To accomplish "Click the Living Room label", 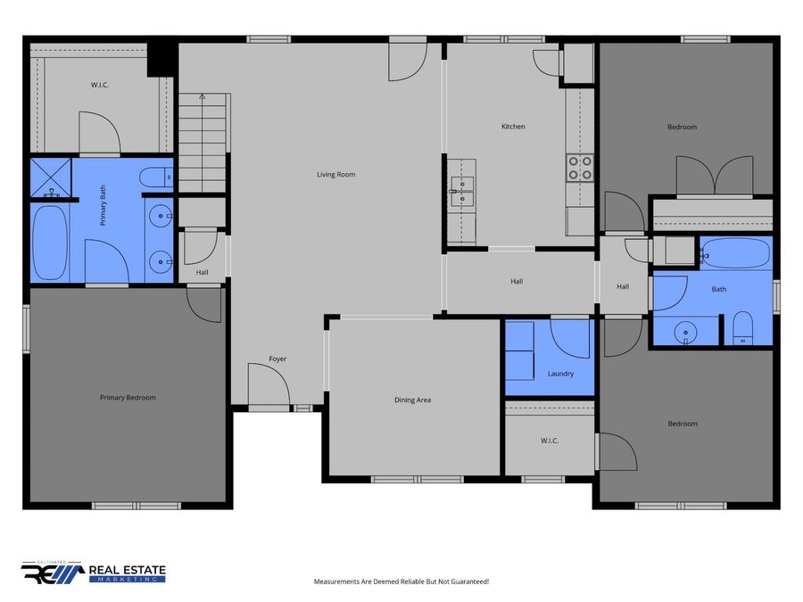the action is click(x=336, y=175).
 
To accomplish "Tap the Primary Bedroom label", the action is click(x=128, y=398).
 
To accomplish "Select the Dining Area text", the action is click(x=413, y=400).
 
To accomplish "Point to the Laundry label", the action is click(x=561, y=374).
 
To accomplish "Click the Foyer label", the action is click(x=277, y=359).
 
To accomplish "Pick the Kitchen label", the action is click(x=513, y=127).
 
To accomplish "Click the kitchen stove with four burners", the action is click(x=580, y=168).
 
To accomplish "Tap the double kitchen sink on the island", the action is click(x=462, y=192).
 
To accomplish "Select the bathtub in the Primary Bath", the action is click(x=50, y=243).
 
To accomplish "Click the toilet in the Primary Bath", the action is click(x=156, y=177).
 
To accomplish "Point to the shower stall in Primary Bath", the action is click(x=51, y=177).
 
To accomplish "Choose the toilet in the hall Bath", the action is click(x=742, y=327).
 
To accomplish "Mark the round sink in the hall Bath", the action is click(x=685, y=334).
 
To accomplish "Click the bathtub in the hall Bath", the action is click(x=736, y=253).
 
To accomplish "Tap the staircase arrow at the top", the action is click(x=203, y=95).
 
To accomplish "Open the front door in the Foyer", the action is click(x=269, y=383).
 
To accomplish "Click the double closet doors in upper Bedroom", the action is click(x=715, y=176).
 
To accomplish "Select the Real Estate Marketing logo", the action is click(x=93, y=573).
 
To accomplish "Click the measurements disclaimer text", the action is click(x=401, y=581).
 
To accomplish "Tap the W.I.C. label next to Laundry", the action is click(x=550, y=441).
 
